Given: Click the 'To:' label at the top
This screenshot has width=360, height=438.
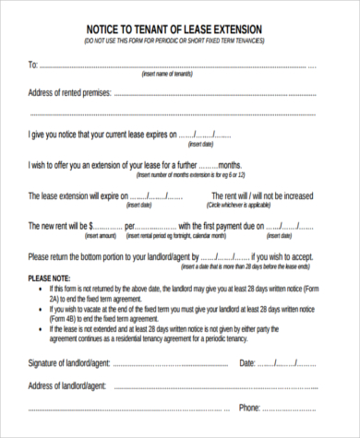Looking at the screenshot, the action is click(x=33, y=65).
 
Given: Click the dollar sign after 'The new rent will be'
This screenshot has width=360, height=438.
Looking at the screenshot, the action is click(x=91, y=226).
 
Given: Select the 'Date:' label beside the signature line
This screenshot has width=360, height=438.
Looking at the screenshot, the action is click(x=247, y=363).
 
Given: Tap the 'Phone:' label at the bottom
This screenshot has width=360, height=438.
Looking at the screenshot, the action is click(x=250, y=407).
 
